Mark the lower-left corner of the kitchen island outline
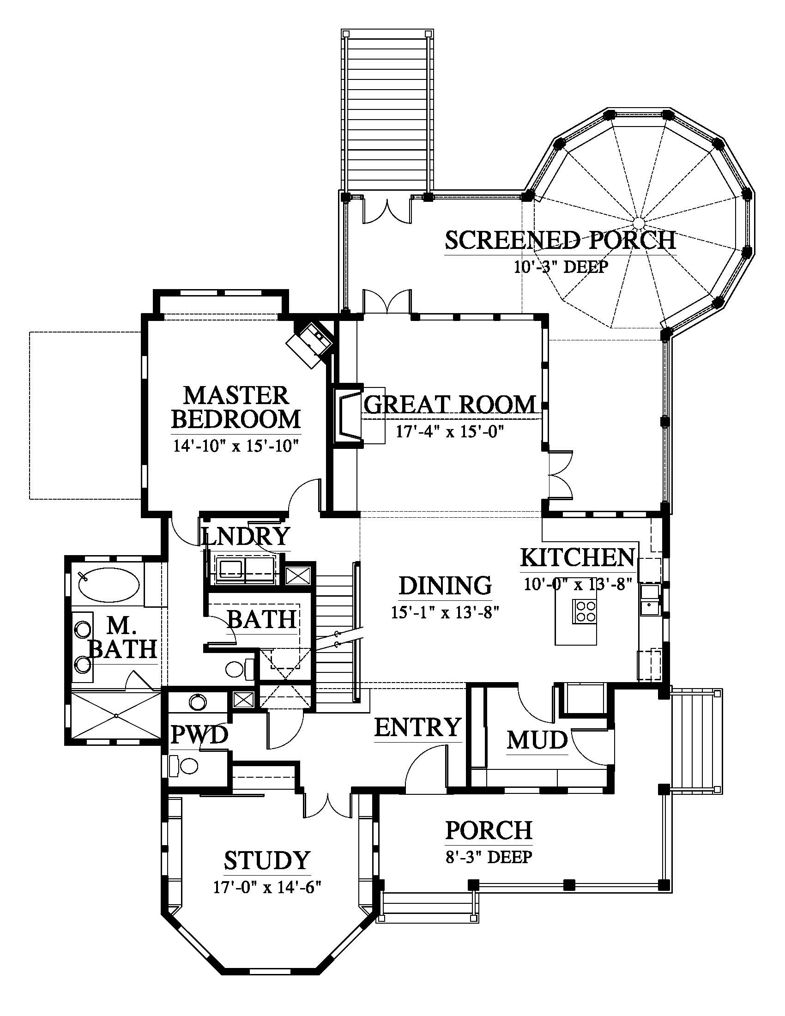(x=555, y=645)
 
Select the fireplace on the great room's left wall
(x=348, y=416)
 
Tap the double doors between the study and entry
(x=328, y=804)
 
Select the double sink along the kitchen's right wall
(x=649, y=599)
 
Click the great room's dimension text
(x=450, y=432)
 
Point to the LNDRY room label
(x=246, y=536)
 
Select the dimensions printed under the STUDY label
(x=267, y=888)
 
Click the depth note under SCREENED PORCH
(x=561, y=267)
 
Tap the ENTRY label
(x=417, y=727)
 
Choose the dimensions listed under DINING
(x=446, y=613)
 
